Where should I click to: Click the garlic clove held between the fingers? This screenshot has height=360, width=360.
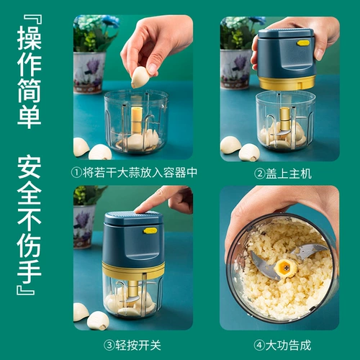pyautogui.click(x=140, y=77)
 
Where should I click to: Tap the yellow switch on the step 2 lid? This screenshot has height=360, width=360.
pyautogui.click(x=303, y=43)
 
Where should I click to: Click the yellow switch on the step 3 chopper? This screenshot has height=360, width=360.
pyautogui.click(x=150, y=231)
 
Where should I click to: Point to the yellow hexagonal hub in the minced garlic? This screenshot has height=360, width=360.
pyautogui.click(x=286, y=269)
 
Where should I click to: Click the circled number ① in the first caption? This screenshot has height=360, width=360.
pyautogui.click(x=77, y=173)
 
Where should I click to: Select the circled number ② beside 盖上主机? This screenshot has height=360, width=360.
pyautogui.click(x=259, y=174)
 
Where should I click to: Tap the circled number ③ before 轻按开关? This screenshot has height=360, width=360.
pyautogui.click(x=109, y=346)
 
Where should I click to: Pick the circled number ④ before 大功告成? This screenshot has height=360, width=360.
pyautogui.click(x=259, y=346)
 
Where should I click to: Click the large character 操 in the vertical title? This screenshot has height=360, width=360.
pyautogui.click(x=30, y=38)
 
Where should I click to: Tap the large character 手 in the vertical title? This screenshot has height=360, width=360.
pyautogui.click(x=30, y=271)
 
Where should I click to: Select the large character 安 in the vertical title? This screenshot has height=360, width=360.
pyautogui.click(x=30, y=168)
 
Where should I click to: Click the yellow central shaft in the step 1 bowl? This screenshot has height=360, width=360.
pyautogui.click(x=137, y=120)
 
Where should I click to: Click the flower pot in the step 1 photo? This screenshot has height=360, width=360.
pyautogui.click(x=89, y=72)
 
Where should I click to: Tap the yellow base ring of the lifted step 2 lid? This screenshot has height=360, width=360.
pyautogui.click(x=287, y=82)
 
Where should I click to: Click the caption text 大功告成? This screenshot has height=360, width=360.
pyautogui.click(x=288, y=346)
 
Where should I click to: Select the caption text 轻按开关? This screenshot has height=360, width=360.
pyautogui.click(x=138, y=346)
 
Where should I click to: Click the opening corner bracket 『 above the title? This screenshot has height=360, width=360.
pyautogui.click(x=33, y=19)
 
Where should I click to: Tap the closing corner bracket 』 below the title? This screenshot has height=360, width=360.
pyautogui.click(x=25, y=290)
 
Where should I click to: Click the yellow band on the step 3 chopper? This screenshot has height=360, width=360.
pyautogui.click(x=133, y=270)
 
